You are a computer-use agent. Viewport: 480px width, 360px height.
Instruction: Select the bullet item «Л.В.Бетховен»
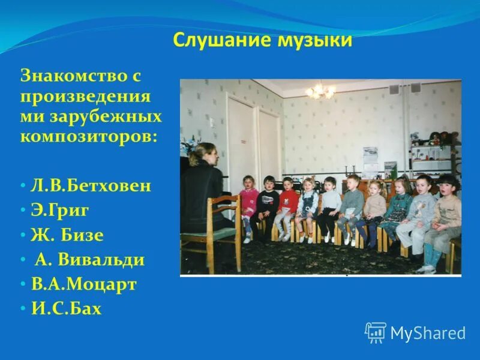pos(91,185)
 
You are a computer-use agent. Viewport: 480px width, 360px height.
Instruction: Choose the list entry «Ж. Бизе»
pos(67,235)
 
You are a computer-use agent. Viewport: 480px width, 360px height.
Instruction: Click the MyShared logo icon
pos(376,332)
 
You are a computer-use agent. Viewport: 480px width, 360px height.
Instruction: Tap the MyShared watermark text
pos(428,333)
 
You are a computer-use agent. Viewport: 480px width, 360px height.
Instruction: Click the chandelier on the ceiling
pos(319,91)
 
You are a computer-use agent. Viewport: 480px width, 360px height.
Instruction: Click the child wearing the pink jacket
pos(248,201)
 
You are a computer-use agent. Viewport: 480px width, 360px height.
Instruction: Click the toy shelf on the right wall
pos(436,150)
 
